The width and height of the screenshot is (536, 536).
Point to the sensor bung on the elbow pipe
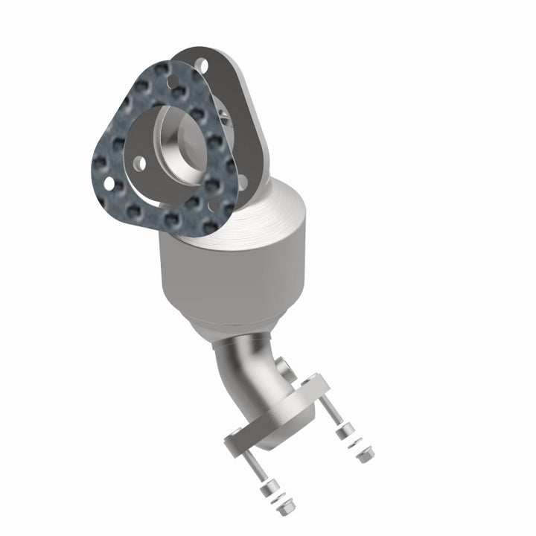point(285,367)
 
